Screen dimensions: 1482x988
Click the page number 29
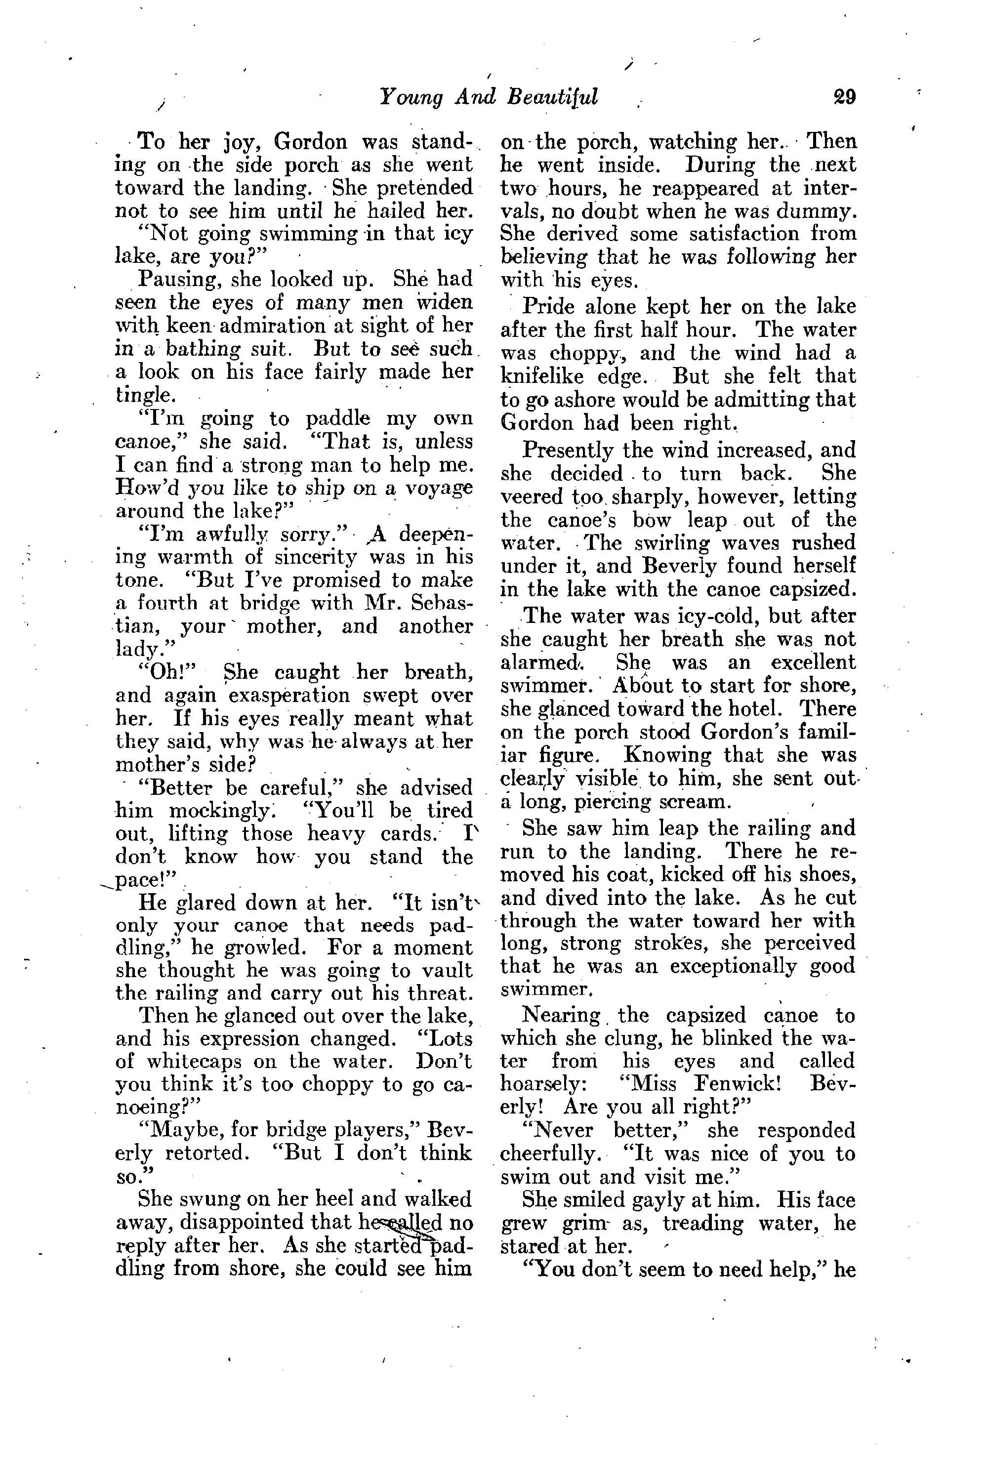coord(844,98)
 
